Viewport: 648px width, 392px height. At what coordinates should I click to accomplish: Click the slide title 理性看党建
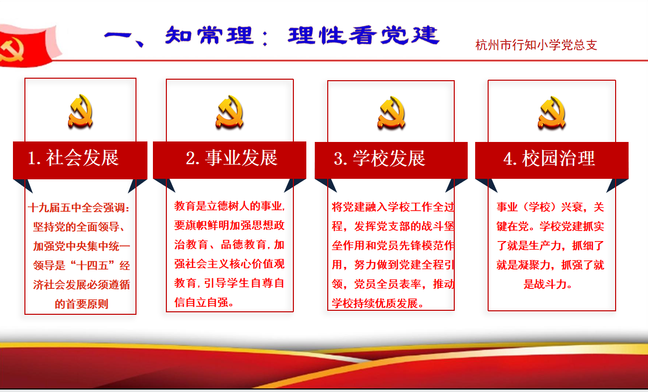[x=364, y=35]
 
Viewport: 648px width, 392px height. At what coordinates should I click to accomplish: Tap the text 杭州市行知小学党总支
[x=536, y=45]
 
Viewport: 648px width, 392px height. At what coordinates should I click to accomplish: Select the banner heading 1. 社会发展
[x=73, y=158]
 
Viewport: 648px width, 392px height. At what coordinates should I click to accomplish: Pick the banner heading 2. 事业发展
[x=232, y=158]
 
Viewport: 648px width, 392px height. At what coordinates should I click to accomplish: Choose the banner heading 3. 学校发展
[x=380, y=158]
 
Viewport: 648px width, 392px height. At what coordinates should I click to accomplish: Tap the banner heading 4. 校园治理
[x=549, y=158]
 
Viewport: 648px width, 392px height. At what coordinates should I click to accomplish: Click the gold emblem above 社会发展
[x=80, y=111]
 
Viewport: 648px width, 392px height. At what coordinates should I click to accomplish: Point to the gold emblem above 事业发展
[x=230, y=112]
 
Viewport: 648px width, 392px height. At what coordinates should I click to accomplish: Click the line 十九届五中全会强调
[x=79, y=207]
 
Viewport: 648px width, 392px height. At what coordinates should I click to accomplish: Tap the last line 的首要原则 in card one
[x=81, y=304]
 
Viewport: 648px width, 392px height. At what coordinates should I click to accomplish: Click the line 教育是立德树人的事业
[x=230, y=206]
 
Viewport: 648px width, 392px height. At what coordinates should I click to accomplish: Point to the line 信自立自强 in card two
[x=204, y=302]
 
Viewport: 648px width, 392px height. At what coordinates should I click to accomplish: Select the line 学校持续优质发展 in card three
[x=378, y=303]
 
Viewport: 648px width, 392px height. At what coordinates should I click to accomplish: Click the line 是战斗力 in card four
[x=548, y=284]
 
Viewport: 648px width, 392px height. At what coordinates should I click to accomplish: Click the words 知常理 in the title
[x=209, y=35]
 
